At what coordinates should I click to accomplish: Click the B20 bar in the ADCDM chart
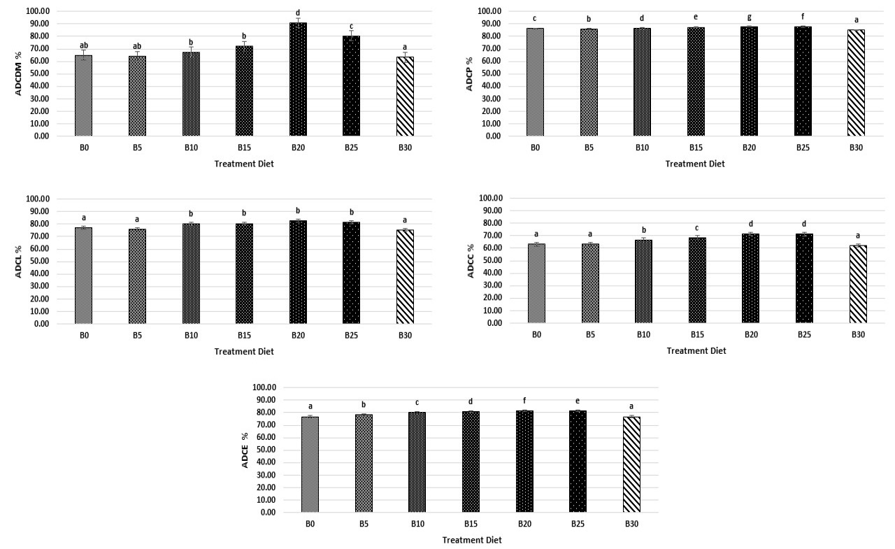298,79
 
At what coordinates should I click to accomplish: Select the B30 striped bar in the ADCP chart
857,83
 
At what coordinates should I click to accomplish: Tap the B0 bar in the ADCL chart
83,276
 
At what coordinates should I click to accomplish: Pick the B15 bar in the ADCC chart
697,280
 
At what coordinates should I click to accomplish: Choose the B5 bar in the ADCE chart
364,463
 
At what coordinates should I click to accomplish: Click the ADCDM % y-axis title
18,73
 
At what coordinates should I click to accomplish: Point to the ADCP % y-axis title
469,74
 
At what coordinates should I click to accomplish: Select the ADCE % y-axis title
245,450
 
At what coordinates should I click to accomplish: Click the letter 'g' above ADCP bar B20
749,17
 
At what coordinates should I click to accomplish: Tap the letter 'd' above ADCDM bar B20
298,13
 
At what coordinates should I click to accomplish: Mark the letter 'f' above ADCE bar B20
524,400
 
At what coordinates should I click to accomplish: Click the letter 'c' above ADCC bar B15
697,228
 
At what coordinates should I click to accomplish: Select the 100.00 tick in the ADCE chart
264,387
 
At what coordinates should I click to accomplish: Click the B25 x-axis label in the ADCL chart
351,335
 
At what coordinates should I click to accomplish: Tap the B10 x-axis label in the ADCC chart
643,334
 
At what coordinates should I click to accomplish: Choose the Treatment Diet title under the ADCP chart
695,164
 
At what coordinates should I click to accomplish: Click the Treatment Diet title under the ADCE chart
472,540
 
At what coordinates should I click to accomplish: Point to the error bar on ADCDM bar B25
351,36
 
